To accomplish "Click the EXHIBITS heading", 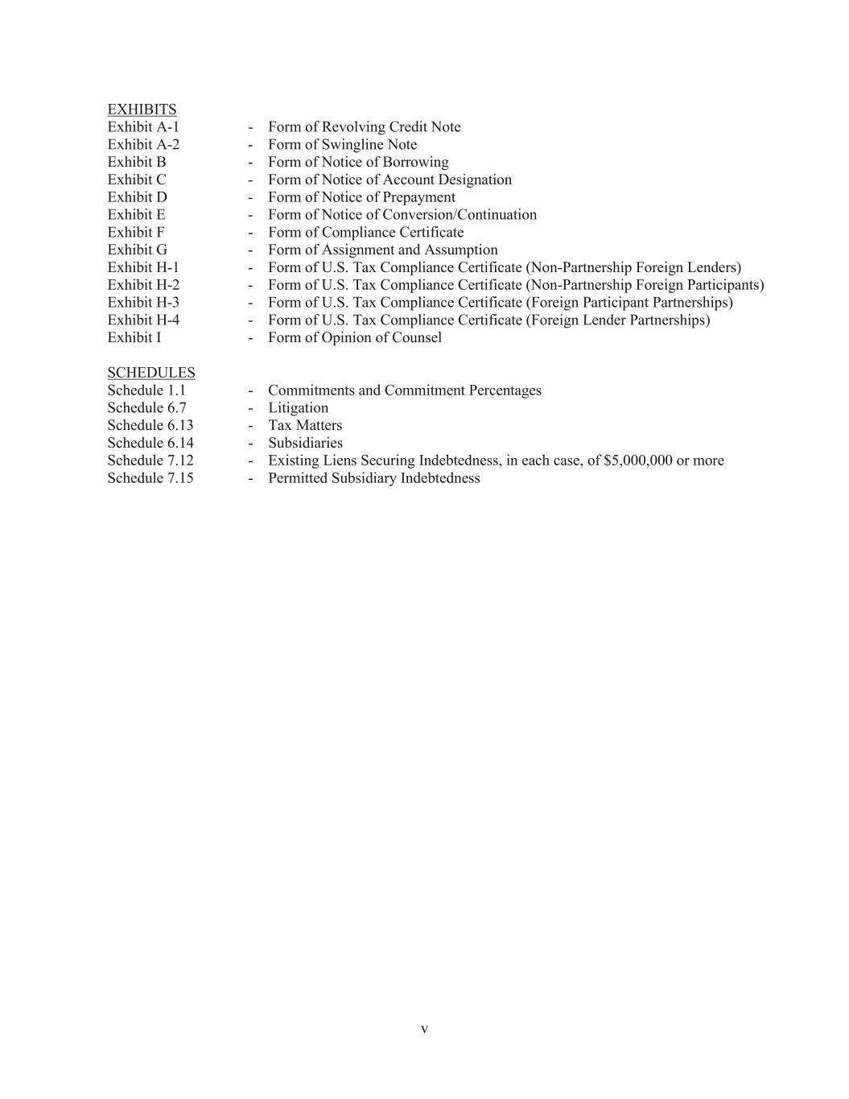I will (142, 109).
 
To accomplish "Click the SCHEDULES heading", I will (151, 373).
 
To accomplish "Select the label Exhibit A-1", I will (143, 127).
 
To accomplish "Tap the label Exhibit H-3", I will (143, 303).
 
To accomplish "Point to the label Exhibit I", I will (134, 338).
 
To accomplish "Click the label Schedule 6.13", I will (150, 426).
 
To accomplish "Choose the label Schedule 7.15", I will (150, 478).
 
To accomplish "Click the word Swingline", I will (354, 145).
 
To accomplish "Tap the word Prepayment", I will (418, 197).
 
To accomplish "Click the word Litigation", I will (298, 408).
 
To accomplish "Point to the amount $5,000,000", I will (637, 461).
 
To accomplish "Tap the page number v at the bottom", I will (424, 1030).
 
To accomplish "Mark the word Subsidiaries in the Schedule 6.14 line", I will (305, 444).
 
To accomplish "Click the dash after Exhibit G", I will (251, 250).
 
